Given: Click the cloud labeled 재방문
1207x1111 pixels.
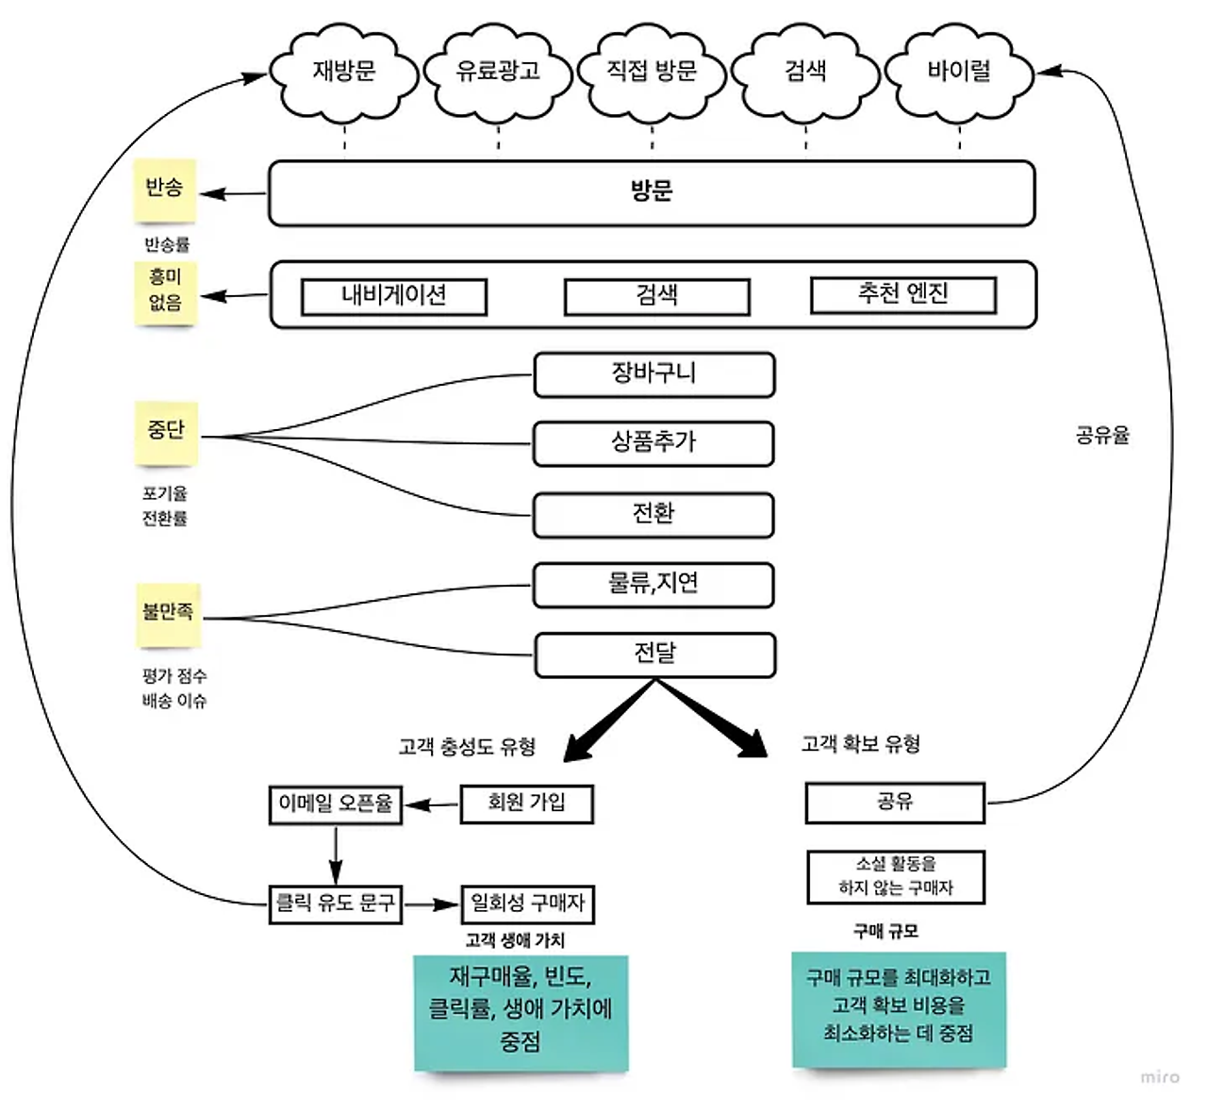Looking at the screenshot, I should pyautogui.click(x=344, y=72).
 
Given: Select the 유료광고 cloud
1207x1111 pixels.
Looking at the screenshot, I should pyautogui.click(x=498, y=72).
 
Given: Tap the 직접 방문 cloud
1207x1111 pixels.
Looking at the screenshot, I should pyautogui.click(x=652, y=72).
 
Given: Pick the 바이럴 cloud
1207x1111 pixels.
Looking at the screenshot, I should pyautogui.click(x=959, y=72).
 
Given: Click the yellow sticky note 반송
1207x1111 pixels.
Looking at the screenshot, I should pyautogui.click(x=164, y=189).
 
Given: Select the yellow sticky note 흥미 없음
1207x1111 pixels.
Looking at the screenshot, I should pyautogui.click(x=165, y=291).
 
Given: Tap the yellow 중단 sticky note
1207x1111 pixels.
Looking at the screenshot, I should pyautogui.click(x=167, y=432).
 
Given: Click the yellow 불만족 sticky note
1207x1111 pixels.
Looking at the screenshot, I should pyautogui.click(x=169, y=614).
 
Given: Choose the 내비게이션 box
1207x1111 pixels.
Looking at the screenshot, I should pyautogui.click(x=393, y=296).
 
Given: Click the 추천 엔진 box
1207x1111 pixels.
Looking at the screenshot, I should pyautogui.click(x=902, y=294).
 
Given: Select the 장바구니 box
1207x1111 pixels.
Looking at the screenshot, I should pyautogui.click(x=653, y=374).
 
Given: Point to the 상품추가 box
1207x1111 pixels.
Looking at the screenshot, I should pyautogui.click(x=653, y=443).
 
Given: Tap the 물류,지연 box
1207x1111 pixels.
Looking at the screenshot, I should pyautogui.click(x=653, y=585).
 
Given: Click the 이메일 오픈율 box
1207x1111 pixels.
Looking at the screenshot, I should pyautogui.click(x=335, y=804).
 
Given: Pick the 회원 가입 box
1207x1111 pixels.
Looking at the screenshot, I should pyautogui.click(x=526, y=804).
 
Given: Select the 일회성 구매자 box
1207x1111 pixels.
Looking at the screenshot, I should pyautogui.click(x=527, y=904).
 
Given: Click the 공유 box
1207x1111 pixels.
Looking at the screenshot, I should pyautogui.click(x=894, y=803).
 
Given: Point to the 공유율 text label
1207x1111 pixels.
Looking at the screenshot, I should pyautogui.click(x=1102, y=436).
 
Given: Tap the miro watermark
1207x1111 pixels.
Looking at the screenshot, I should pyautogui.click(x=1159, y=1076).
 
